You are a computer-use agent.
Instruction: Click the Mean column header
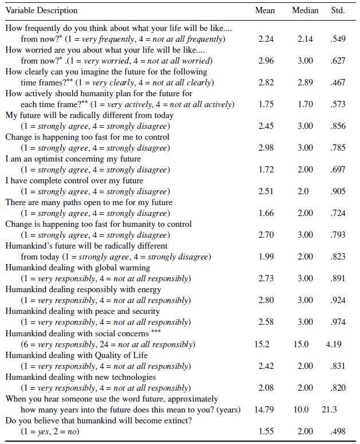[265, 11]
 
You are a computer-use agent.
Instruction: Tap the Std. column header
[338, 11]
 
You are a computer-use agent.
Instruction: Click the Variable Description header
[41, 11]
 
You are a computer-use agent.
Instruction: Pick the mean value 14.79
[264, 409]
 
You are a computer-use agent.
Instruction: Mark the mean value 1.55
[265, 431]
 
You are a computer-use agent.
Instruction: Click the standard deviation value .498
[338, 431]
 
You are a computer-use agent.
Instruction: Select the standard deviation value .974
[338, 323]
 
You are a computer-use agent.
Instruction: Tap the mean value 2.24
[265, 39]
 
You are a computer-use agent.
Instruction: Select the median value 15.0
[302, 344]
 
